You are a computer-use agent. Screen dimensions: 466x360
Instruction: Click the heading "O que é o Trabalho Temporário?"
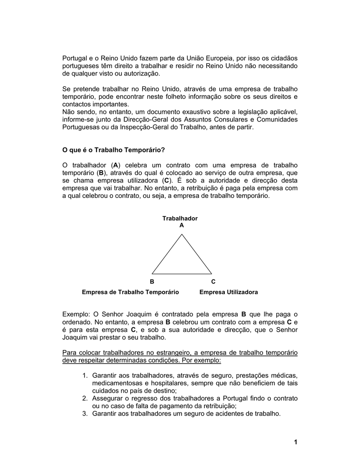point(113,150)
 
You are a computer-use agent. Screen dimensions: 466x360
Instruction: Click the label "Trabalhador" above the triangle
point(180,218)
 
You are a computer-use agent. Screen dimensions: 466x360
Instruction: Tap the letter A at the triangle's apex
point(182,225)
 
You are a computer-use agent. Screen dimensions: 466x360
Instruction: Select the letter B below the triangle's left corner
point(152,282)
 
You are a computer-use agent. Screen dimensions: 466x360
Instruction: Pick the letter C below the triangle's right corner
point(213,282)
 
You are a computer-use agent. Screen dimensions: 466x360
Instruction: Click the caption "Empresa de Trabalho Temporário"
point(130,292)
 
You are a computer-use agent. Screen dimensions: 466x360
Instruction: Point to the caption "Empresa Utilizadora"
point(228,292)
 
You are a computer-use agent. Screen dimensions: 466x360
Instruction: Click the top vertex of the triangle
point(182,234)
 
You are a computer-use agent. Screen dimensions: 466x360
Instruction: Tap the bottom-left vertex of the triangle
point(152,274)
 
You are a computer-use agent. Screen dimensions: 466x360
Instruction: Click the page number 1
point(295,442)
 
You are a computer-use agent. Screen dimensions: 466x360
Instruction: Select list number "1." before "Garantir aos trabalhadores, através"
point(86,375)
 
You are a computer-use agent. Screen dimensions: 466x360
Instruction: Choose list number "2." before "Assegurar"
point(86,398)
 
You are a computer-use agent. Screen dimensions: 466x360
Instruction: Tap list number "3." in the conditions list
point(86,414)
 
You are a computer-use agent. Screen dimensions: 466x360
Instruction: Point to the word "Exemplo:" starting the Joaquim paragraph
point(76,314)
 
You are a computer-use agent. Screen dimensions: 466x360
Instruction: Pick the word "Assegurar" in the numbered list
point(108,398)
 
